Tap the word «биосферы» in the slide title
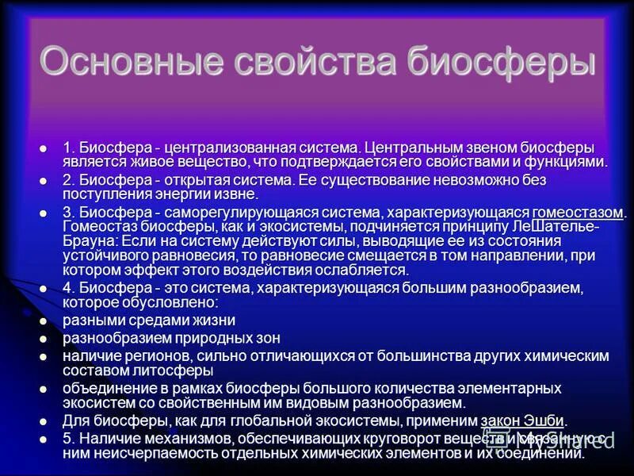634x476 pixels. point(502,63)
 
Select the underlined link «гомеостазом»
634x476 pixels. point(579,213)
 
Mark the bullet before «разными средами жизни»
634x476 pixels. point(44,321)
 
